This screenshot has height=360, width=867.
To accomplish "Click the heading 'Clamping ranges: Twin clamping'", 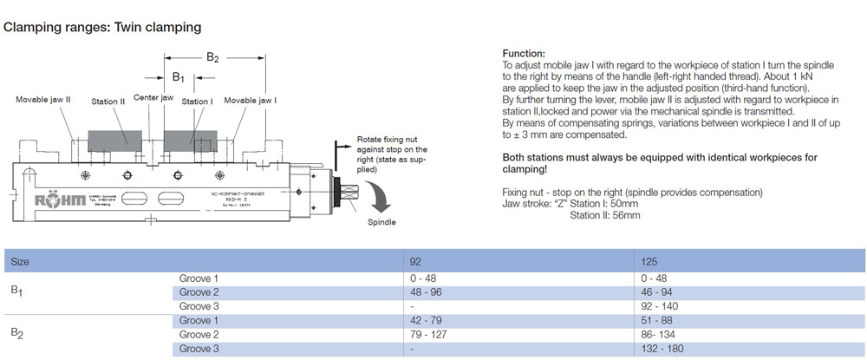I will point(103,27).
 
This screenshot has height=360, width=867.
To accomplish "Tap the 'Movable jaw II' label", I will point(43,101).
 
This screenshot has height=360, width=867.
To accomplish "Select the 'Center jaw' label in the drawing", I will point(153,98).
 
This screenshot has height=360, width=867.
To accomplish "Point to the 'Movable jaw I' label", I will point(251,101).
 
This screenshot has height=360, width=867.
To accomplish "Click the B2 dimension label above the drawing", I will point(212,57).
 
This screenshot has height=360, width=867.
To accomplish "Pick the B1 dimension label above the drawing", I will point(178,77).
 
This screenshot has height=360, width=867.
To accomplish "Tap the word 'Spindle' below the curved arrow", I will point(381,223).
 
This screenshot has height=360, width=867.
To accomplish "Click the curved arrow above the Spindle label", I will point(379,199).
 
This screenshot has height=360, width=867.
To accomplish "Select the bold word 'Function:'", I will point(524,53).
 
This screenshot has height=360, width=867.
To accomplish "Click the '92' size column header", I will point(416,260).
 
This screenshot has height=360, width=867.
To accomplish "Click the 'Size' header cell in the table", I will point(19,260).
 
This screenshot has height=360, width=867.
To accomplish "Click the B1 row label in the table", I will point(16,292).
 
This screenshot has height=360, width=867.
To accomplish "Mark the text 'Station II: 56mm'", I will point(605,214).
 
